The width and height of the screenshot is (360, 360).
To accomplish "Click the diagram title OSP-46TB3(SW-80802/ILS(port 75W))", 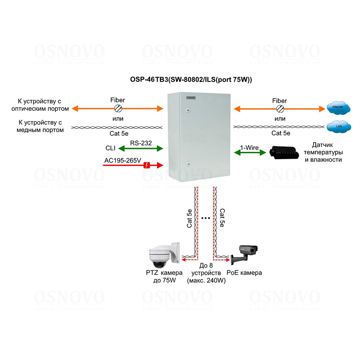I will (x=191, y=80).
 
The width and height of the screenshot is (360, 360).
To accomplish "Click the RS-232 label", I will (x=141, y=143).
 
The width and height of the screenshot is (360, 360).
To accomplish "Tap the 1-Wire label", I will (x=250, y=147).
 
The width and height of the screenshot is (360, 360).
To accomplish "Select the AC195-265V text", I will (x=122, y=161).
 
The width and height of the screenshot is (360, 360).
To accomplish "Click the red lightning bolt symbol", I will (x=147, y=165).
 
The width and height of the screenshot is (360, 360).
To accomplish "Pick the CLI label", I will (x=111, y=148).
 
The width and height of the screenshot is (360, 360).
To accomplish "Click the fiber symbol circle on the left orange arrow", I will (x=118, y=108).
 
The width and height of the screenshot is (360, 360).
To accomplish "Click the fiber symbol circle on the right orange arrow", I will (x=280, y=108).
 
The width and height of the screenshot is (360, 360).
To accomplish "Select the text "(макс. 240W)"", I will (x=206, y=281).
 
